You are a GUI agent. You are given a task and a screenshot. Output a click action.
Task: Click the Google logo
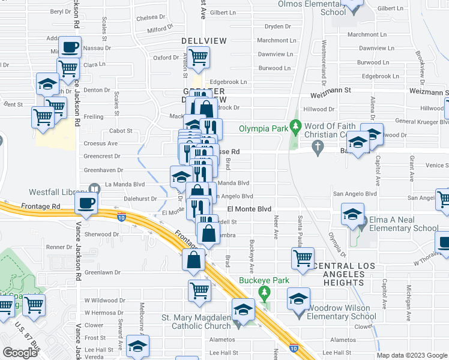coord(20,353)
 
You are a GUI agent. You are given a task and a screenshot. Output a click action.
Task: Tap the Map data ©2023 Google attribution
coord(411,355)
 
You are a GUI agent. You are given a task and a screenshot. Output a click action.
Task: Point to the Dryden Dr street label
coord(277,26)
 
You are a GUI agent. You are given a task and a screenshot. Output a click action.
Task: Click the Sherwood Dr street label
coord(103,235)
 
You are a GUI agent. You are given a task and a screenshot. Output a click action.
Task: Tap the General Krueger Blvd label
coord(417,122)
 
